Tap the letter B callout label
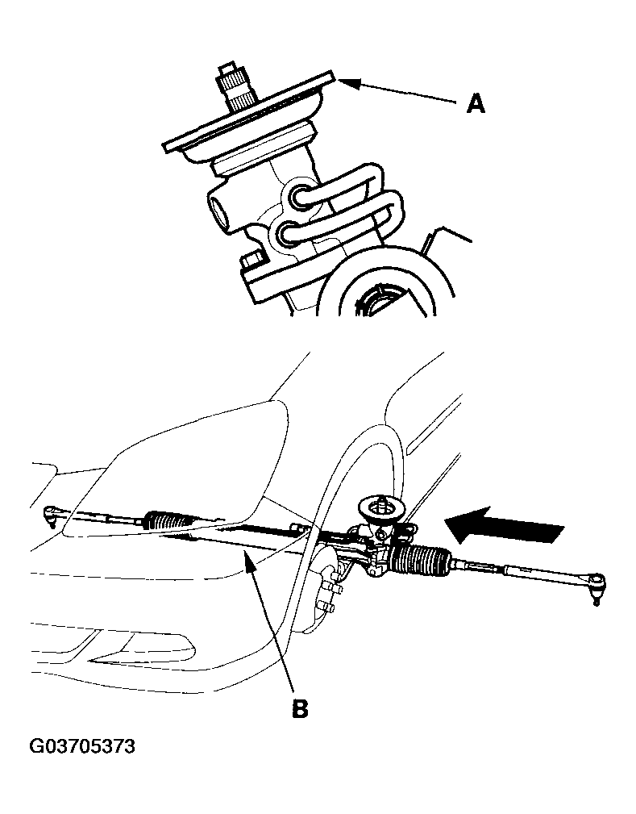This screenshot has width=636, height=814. coord(300,708)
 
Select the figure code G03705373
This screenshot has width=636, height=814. coord(82,746)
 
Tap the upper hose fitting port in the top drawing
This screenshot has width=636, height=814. coord(299,196)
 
